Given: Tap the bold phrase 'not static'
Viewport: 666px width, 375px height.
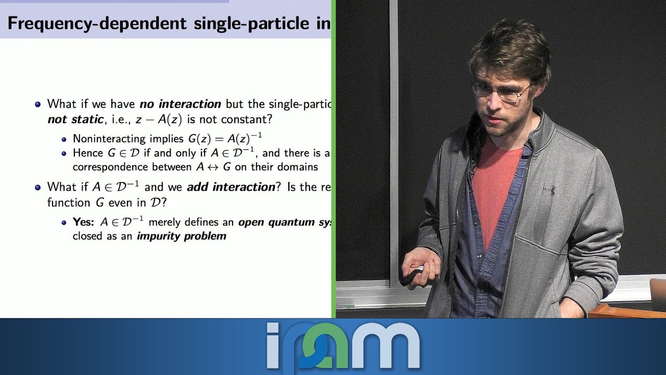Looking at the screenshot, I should pyautogui.click(x=75, y=119).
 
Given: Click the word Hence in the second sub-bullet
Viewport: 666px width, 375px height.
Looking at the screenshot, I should pyautogui.click(x=88, y=153).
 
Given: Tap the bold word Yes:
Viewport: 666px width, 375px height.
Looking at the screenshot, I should pyautogui.click(x=83, y=222).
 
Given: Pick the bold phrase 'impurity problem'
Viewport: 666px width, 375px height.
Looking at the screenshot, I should pyautogui.click(x=182, y=236).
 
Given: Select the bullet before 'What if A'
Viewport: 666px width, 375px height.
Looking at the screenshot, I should pyautogui.click(x=37, y=187).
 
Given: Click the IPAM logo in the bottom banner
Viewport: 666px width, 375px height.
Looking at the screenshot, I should pyautogui.click(x=343, y=346).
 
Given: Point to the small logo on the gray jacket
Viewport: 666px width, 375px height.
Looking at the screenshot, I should pyautogui.click(x=549, y=191).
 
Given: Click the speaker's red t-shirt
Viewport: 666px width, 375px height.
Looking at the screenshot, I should pyautogui.click(x=494, y=182).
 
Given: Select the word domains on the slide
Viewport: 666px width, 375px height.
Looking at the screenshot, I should pyautogui.click(x=299, y=167).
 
